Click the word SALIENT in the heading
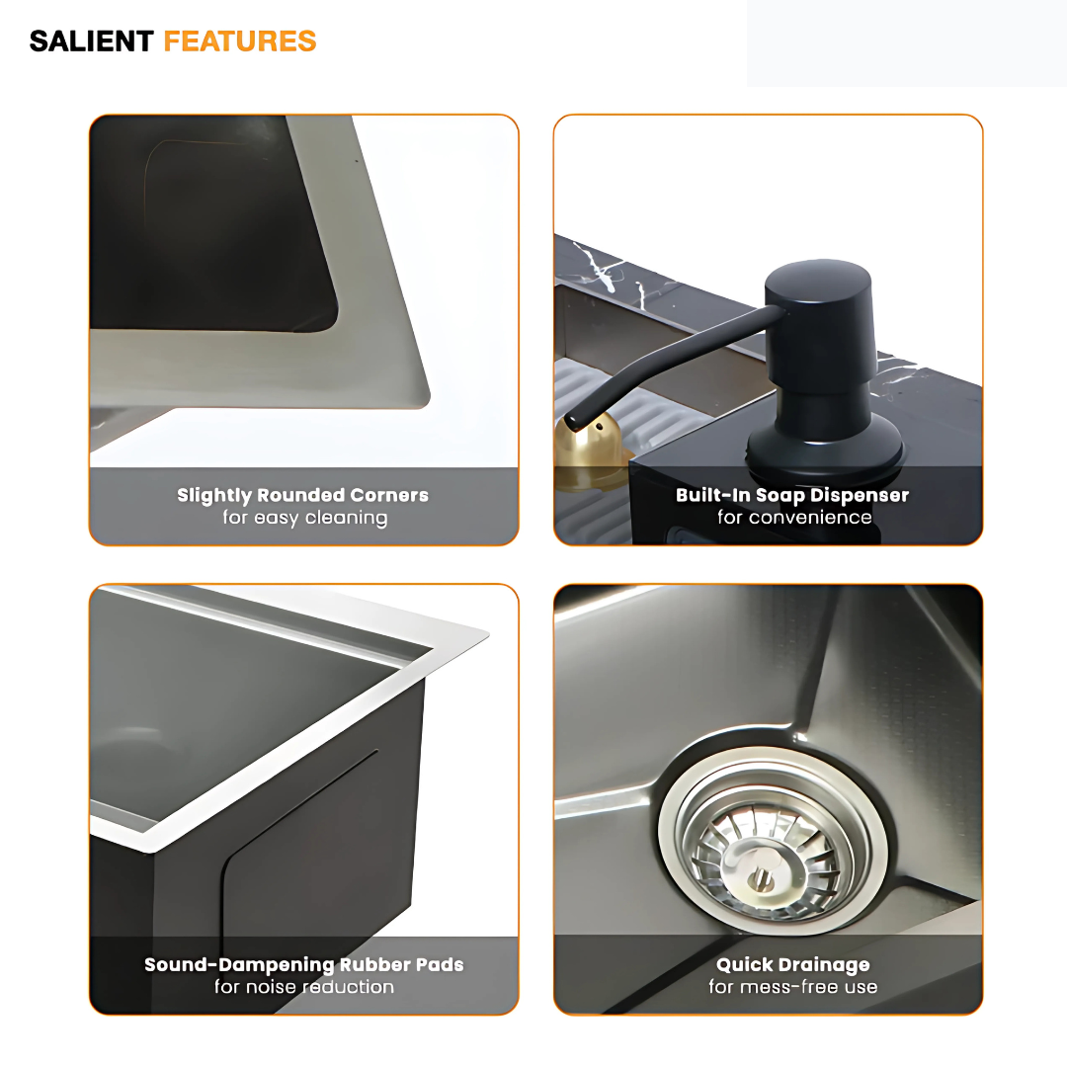(91, 41)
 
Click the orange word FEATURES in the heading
(240, 41)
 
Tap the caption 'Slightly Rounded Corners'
(303, 495)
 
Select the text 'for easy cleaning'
(304, 518)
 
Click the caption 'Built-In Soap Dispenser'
(792, 495)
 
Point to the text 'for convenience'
(794, 518)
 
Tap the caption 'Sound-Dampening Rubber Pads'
(304, 964)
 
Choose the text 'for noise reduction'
(304, 987)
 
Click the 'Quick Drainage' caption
(793, 964)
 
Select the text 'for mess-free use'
(793, 987)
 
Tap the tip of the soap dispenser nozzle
(574, 420)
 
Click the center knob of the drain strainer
(762, 877)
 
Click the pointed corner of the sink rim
(485, 632)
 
